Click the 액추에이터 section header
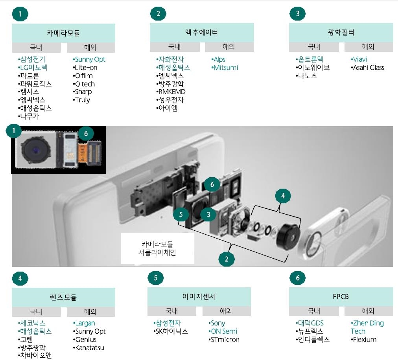[202, 33]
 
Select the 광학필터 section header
[341, 33]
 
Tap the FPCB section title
[341, 296]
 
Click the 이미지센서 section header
[199, 296]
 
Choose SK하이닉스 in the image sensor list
[170, 331]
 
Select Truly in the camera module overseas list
[81, 100]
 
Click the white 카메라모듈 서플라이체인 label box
[157, 249]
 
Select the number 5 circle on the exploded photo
[181, 215]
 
